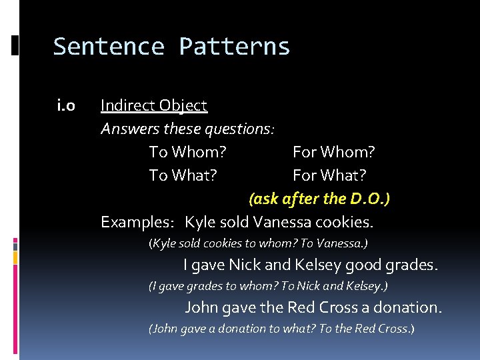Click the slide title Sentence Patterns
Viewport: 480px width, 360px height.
click(x=171, y=47)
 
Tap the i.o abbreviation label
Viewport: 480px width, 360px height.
click(x=66, y=105)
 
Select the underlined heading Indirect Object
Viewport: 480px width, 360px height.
click(x=154, y=105)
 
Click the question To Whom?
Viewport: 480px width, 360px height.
click(x=187, y=152)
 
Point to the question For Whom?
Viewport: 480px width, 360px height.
click(x=334, y=152)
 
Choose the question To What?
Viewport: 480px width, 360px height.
click(x=183, y=175)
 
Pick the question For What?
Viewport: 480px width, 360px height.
click(x=329, y=175)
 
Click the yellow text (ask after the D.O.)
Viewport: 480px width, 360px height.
click(x=319, y=199)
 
